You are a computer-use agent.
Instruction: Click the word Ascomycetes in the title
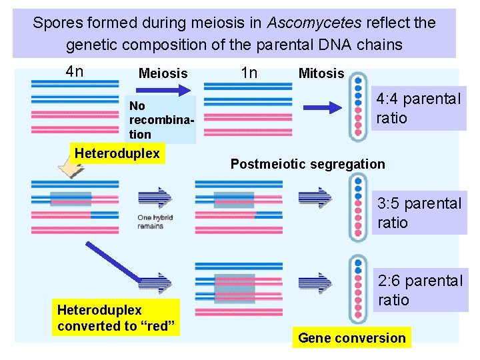click(x=314, y=23)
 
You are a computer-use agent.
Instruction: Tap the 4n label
click(x=75, y=71)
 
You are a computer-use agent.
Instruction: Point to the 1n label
click(x=249, y=73)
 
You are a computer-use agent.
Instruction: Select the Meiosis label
click(x=163, y=73)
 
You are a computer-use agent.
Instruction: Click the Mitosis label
click(x=321, y=73)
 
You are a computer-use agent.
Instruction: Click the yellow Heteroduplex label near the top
click(x=117, y=154)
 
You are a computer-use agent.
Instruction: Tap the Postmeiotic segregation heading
click(x=307, y=164)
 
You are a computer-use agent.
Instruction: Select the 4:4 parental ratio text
click(x=418, y=109)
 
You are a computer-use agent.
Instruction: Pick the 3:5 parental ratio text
click(x=419, y=213)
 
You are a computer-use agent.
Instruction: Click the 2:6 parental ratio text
click(x=419, y=290)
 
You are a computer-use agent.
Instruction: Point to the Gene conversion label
click(x=351, y=338)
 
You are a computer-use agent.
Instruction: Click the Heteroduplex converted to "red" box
click(x=116, y=317)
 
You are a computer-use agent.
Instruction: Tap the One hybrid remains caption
click(x=150, y=221)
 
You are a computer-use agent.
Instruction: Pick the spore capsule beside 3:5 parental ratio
click(x=358, y=207)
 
